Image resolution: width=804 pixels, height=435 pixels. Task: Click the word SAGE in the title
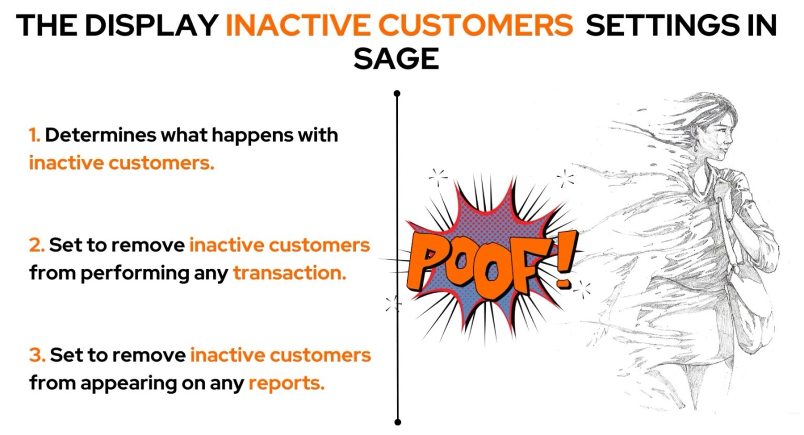click(396, 58)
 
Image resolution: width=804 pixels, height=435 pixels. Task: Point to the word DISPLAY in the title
click(152, 25)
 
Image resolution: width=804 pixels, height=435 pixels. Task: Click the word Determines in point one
click(100, 135)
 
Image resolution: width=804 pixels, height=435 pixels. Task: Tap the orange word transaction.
click(289, 273)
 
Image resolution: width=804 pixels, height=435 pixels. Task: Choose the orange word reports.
click(286, 383)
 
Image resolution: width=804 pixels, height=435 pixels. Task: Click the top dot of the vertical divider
click(397, 94)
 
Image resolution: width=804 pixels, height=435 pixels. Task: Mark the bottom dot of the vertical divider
click(397, 421)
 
